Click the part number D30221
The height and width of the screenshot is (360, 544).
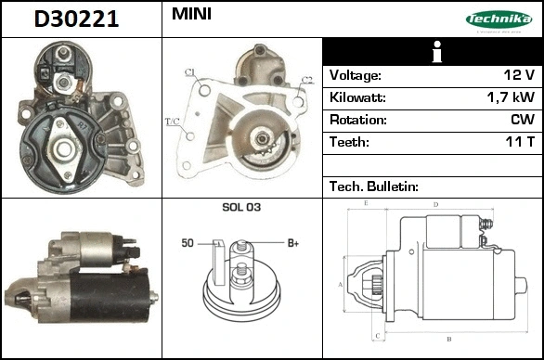77,19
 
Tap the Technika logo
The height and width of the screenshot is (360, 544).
498,19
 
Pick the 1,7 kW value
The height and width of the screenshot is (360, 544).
510,97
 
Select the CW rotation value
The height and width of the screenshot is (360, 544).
521,120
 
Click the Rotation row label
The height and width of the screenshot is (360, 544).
357,120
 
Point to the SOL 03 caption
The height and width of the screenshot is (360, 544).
241,207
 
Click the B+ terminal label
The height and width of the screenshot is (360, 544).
292,243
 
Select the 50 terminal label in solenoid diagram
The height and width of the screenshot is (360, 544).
187,243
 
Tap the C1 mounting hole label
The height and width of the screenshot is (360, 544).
190,71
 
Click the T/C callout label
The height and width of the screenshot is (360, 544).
172,122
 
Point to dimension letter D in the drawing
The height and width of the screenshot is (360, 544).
435,203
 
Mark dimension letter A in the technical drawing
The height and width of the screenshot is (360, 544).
341,284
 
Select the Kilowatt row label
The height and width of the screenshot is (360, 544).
358,97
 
